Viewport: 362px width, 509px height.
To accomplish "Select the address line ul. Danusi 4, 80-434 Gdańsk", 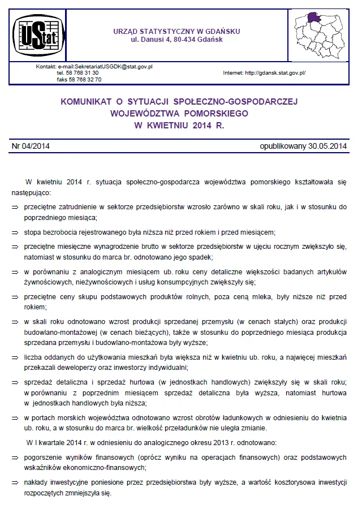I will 177,40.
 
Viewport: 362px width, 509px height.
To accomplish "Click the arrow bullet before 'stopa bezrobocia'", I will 15,232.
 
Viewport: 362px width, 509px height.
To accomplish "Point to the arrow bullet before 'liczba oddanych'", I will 15,357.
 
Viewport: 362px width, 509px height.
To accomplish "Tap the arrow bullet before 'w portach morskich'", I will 15,417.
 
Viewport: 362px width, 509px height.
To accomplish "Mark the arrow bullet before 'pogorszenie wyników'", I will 15,457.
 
